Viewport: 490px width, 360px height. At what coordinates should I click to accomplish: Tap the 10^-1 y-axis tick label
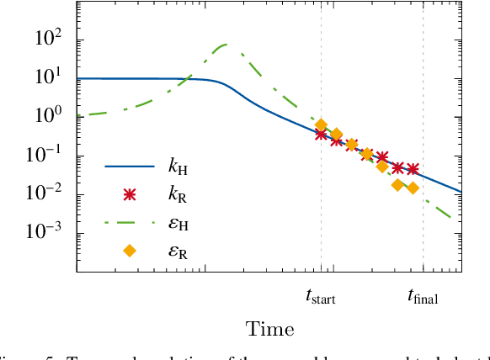coord(49,156)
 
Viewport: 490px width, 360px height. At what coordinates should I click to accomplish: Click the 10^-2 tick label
coord(49,194)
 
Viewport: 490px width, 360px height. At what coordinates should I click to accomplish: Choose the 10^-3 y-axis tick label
coord(49,233)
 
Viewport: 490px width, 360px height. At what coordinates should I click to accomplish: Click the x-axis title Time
coord(269,329)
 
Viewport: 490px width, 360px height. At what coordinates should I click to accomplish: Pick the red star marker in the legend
coord(129,195)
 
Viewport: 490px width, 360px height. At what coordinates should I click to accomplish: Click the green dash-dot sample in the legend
coord(129,223)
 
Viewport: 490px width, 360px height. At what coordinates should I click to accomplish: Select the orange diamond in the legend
coord(129,250)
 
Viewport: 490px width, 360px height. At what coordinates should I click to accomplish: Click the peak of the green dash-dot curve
coord(226,44)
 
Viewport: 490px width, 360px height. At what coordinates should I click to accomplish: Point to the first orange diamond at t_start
coord(321,125)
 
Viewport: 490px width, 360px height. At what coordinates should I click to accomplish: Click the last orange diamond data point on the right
coord(413,188)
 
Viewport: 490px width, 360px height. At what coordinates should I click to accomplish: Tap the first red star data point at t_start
coord(321,134)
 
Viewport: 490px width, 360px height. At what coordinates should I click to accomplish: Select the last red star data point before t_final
coord(413,169)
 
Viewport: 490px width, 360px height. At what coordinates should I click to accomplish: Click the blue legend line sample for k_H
coord(129,167)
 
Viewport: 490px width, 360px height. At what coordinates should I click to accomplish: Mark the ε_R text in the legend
coord(178,251)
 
